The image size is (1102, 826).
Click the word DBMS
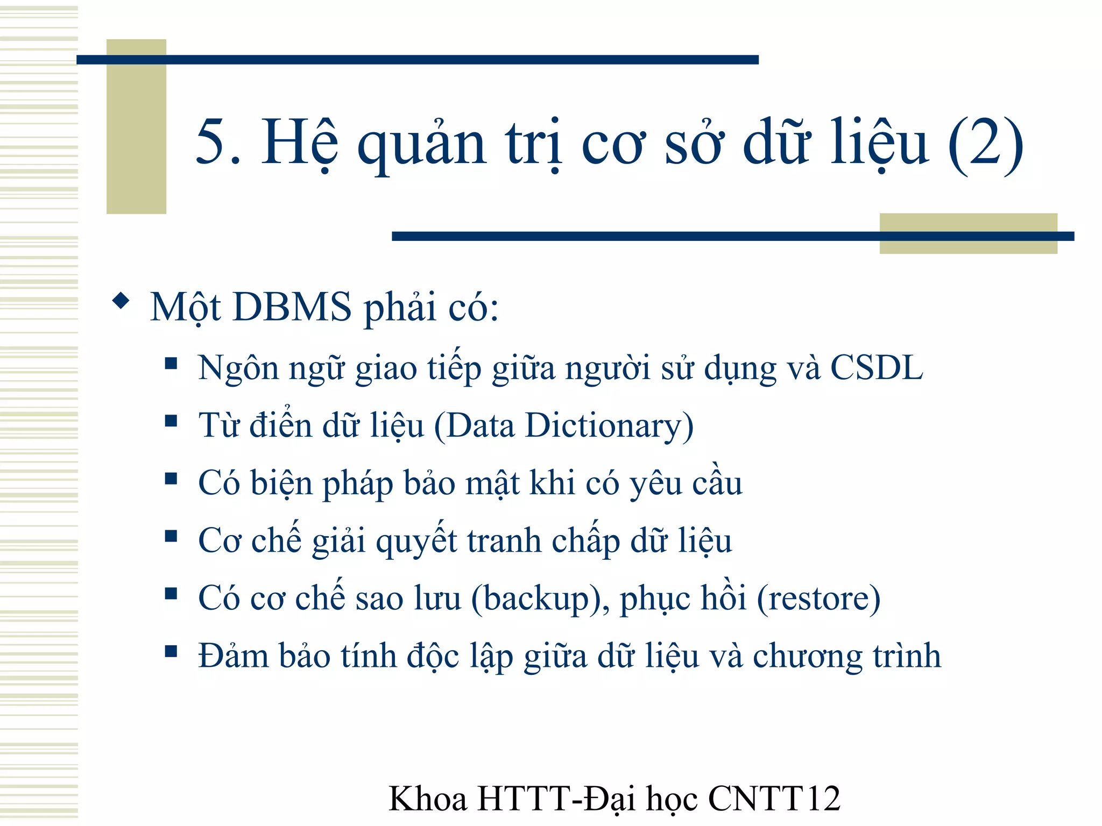[292, 307]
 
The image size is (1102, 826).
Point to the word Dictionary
[609, 426]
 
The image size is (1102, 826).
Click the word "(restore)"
[818, 599]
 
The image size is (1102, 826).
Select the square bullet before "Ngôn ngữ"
[171, 364]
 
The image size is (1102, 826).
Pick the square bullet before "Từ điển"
[171, 421]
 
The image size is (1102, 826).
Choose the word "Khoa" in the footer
[428, 799]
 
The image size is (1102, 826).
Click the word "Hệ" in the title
[299, 143]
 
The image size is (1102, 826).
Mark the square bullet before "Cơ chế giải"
[171, 536]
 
